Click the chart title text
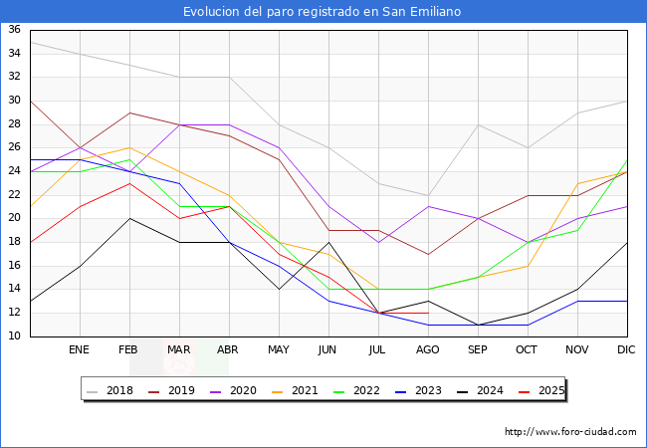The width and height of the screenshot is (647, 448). point(323,12)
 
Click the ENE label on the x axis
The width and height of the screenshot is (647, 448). point(80,350)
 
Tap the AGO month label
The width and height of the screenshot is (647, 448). point(428,350)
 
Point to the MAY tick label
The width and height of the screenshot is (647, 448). point(279,350)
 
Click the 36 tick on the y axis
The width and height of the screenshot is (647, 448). point(14,30)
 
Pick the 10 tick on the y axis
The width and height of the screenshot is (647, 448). point(14,336)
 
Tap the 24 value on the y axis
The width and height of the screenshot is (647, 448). point(14,171)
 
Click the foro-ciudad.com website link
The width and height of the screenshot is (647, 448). point(570,432)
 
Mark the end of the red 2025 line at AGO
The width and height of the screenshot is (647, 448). point(428,313)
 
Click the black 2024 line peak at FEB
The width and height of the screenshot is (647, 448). point(129,218)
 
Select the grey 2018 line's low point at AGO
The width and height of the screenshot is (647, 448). point(428,195)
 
